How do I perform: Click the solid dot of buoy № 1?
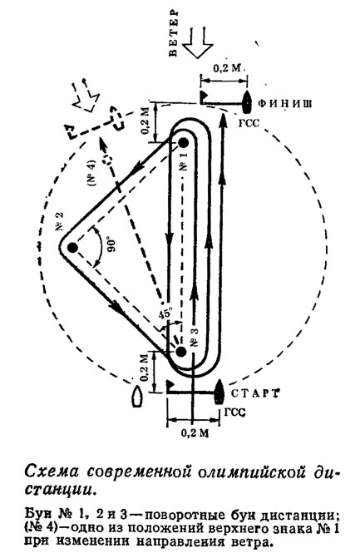click(183, 143)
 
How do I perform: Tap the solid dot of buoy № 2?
click(72, 248)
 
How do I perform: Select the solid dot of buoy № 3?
click(181, 352)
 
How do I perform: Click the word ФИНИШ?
click(285, 103)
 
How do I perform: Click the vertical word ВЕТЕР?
click(173, 32)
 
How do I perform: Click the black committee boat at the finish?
click(247, 102)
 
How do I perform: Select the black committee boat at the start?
click(219, 392)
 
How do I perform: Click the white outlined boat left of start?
click(137, 397)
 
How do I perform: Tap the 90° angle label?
click(111, 247)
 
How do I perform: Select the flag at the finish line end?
click(204, 96)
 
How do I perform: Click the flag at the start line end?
click(170, 384)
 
